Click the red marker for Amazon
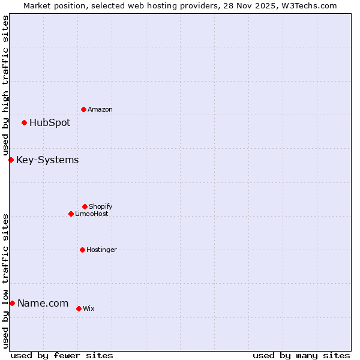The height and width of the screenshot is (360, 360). coord(83,109)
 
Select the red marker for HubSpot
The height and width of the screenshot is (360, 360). coord(24,122)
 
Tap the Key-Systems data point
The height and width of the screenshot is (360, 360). coord(11,160)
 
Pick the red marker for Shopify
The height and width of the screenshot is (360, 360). coord(85,206)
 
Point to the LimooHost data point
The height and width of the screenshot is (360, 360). coord(71,214)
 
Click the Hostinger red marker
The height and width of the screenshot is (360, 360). coord(82,250)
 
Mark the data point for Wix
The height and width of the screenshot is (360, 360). coord(79,308)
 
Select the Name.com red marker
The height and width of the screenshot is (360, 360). coord(12,303)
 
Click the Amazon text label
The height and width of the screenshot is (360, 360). coord(100,109)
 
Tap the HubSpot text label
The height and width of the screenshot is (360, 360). coord(50,123)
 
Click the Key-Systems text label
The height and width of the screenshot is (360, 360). coord(47,160)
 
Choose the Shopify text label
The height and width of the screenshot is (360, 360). coord(101,206)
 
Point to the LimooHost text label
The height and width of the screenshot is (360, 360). coord(92,214)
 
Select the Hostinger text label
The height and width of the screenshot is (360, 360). coord(102,250)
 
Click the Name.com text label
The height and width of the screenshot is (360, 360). coord(43,304)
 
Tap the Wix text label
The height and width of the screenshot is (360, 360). coord(89,308)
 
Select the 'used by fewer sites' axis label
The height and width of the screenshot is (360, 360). coord(62,355)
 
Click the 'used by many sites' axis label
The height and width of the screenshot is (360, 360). coord(301,355)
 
